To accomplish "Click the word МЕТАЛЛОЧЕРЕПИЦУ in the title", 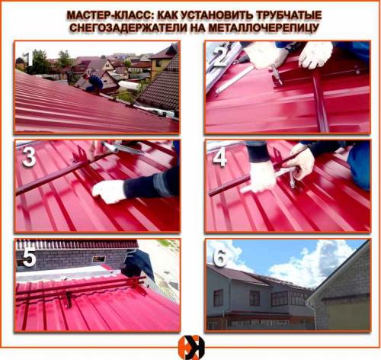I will [x=267, y=28].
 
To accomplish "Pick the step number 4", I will [x=219, y=156].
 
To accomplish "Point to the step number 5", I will [x=29, y=257].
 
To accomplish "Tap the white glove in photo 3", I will [x=109, y=191].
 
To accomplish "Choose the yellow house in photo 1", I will [x=162, y=63].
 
